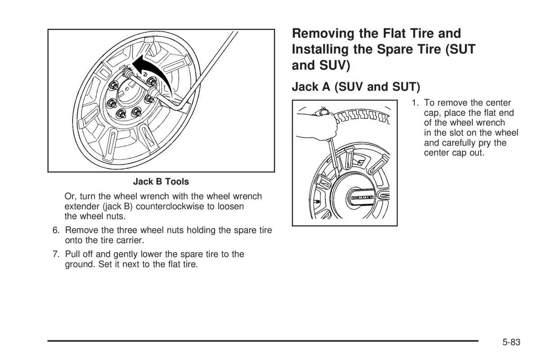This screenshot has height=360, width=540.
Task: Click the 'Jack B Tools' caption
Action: coord(161,182)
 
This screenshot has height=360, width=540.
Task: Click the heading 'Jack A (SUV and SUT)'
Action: coord(355,86)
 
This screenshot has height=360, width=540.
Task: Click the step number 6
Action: coord(56,230)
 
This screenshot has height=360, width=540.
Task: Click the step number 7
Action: coord(56,254)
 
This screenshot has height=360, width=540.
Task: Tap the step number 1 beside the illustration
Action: coord(414,103)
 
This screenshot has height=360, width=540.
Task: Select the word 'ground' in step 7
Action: coord(79,264)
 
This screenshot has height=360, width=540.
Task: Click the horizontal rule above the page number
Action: coord(263,341)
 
